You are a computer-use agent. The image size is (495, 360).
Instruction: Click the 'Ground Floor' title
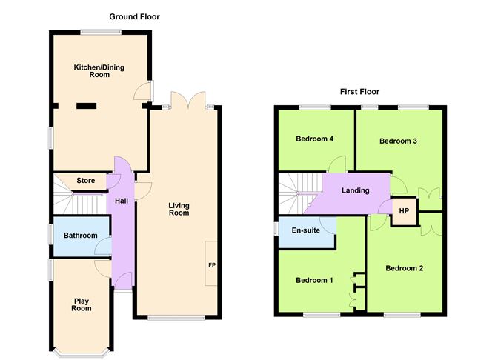pos(134,16)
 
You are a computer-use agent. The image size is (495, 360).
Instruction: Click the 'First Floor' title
pos(359,92)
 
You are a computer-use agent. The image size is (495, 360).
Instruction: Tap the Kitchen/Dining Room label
pos(99,71)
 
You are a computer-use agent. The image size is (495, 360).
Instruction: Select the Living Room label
pos(179,209)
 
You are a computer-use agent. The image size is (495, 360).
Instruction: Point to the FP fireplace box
pos(211,264)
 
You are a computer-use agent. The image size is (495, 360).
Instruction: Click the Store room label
pos(85,180)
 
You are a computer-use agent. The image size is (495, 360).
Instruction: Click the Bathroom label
pos(80,236)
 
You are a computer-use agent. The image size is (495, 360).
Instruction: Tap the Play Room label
pos(82,304)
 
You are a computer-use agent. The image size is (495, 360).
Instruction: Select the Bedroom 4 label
pos(314,139)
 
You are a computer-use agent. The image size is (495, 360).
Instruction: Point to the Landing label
pos(355,190)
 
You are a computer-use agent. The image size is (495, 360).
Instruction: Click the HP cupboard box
pos(403,211)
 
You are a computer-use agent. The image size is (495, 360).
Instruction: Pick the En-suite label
pos(305,230)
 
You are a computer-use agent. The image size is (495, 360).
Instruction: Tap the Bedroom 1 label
pos(314,280)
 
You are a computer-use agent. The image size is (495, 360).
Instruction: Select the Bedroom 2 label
pos(404,268)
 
